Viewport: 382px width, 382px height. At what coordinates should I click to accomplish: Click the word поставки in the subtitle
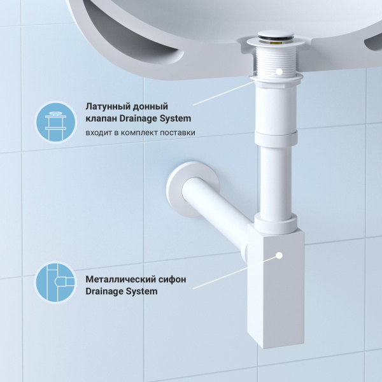tap(178, 132)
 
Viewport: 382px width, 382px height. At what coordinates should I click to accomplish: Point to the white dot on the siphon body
tap(278, 255)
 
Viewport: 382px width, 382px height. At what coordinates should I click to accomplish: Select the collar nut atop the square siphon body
tap(276, 223)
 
